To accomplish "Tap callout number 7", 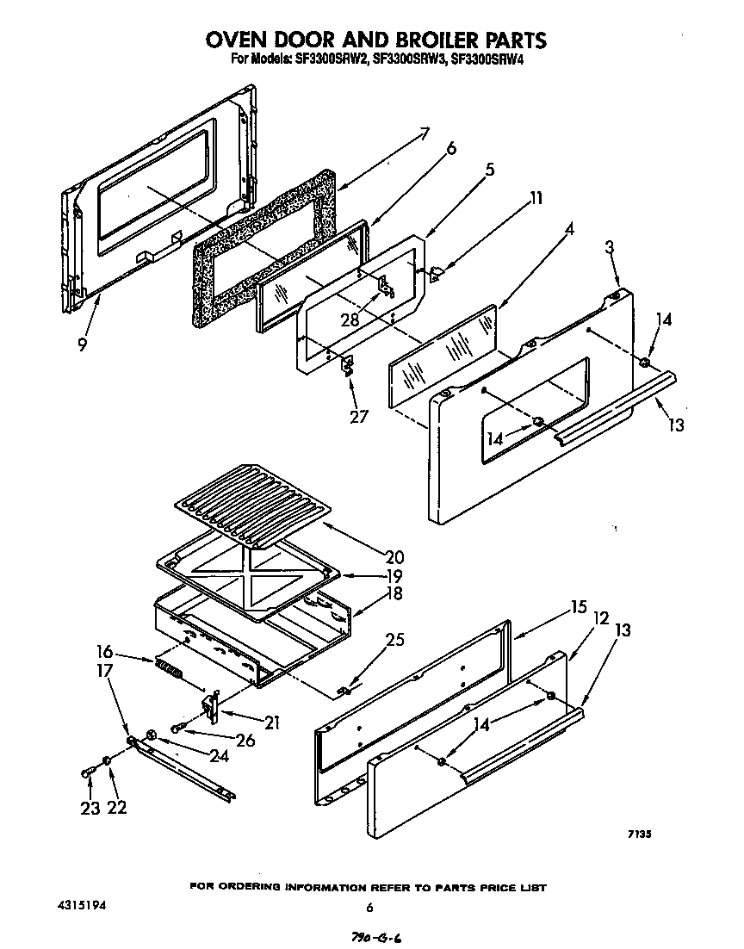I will click(424, 134).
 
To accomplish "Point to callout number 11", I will click(536, 199).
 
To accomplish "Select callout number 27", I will click(358, 417).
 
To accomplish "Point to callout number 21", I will click(272, 722).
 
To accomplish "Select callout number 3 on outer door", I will click(610, 248).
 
